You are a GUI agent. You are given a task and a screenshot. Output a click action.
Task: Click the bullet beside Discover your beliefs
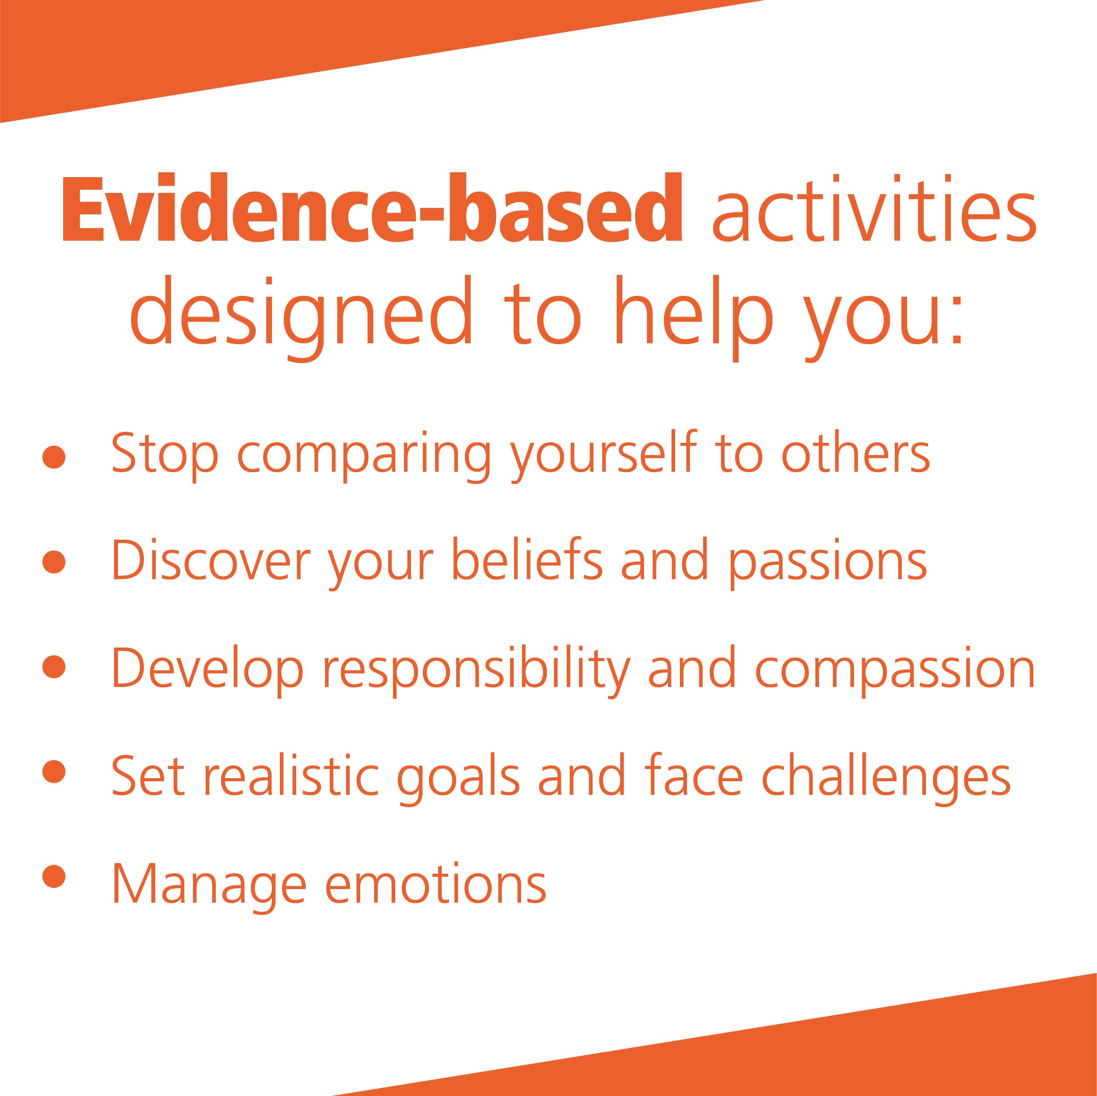coord(54,561)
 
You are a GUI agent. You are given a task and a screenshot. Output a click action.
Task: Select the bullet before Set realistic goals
coord(54,771)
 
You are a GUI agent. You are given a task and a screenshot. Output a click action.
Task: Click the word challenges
coord(886,776)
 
